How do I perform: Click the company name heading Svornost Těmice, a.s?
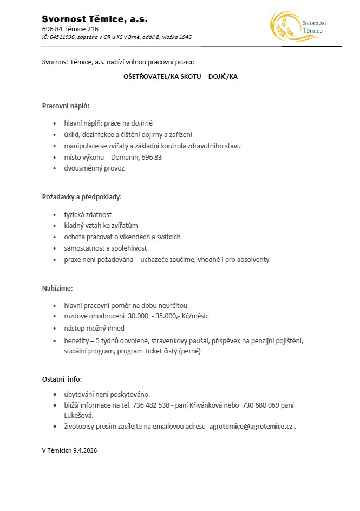95,19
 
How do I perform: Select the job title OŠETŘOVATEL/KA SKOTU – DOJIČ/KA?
180,77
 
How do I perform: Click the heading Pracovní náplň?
66,106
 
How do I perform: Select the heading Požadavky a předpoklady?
82,197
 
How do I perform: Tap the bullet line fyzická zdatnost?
88,214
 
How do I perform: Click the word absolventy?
250,260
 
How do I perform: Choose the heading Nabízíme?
57,289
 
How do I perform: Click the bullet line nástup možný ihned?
94,328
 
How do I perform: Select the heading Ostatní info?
62,379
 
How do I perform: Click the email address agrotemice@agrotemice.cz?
251,427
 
